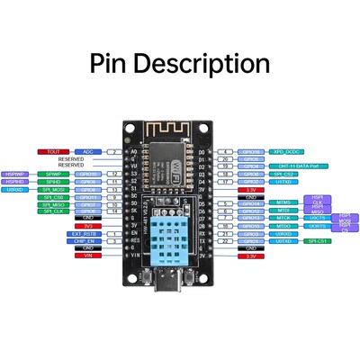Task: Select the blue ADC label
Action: (x=88, y=152)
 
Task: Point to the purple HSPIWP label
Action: (x=15, y=174)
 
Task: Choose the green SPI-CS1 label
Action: (x=316, y=241)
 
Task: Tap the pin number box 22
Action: (x=229, y=241)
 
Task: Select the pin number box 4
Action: (x=229, y=152)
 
